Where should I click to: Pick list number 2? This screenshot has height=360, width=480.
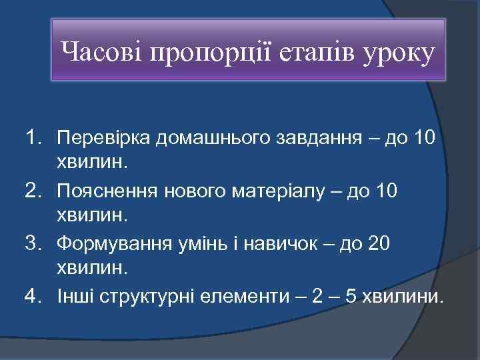[x=33, y=191]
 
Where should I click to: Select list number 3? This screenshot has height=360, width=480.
[x=33, y=243]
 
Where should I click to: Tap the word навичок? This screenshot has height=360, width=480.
[x=289, y=243]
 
